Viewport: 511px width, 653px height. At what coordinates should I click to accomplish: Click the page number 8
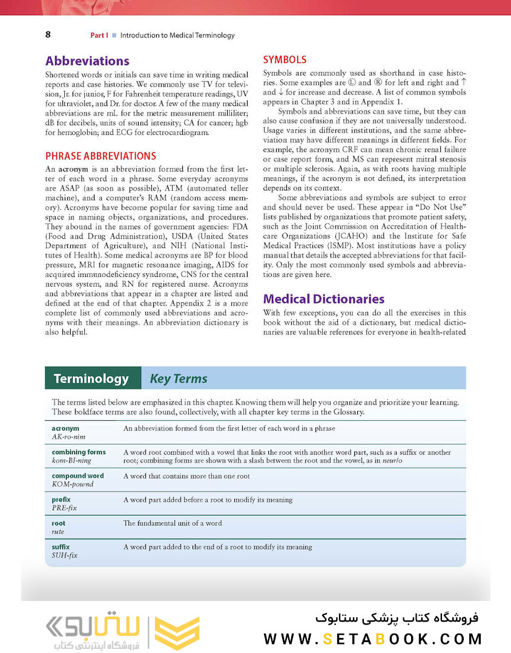48,34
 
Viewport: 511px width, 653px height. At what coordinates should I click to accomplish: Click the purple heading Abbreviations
87,61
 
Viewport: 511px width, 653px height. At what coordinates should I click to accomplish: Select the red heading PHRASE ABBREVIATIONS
101,156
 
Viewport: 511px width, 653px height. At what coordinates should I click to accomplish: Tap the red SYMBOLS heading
285,60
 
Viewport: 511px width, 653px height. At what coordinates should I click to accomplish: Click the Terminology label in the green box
91,379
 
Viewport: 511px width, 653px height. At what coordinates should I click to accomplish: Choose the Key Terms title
179,379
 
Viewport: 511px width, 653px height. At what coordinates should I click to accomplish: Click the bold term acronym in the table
65,428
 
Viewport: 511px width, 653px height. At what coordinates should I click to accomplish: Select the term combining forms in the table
79,452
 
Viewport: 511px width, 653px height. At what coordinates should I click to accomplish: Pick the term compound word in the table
77,476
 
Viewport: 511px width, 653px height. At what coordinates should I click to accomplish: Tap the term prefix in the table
61,499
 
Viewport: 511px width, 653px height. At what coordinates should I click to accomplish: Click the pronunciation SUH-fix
65,555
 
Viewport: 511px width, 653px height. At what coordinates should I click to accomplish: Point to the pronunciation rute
58,531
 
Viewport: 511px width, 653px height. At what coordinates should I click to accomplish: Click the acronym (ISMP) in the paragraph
339,246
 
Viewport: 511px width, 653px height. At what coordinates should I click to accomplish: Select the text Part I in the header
99,35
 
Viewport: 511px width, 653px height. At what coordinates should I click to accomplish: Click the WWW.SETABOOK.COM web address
372,638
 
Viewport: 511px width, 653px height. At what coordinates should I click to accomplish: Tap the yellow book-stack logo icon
177,632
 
